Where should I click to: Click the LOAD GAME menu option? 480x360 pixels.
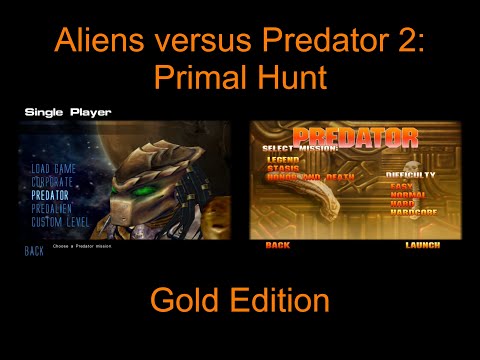tap(53, 169)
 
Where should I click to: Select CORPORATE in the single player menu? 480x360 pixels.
tap(52, 182)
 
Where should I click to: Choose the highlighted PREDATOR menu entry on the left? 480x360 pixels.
tap(50, 195)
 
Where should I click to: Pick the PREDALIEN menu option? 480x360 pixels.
tap(52, 208)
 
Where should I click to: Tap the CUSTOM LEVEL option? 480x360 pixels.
tap(59, 220)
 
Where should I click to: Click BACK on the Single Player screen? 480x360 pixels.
tap(34, 251)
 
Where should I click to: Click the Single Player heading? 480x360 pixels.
tap(67, 112)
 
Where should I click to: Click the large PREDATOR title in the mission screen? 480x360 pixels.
tap(355, 138)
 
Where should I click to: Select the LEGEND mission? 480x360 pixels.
tap(284, 159)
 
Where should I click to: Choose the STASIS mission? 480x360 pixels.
tap(282, 168)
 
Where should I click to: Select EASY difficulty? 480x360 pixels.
tap(401, 186)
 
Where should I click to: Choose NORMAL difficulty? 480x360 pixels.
tap(407, 195)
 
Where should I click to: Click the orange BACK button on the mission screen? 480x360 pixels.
tap(278, 245)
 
